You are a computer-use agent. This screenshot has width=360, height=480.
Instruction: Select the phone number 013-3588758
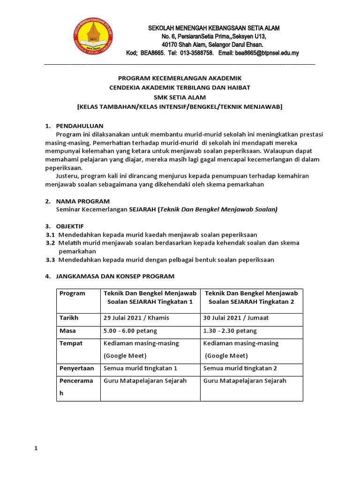(x=195, y=53)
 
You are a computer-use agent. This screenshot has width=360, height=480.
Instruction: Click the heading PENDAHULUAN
(x=79, y=126)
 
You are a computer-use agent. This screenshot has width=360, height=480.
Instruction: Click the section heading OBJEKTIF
(x=70, y=226)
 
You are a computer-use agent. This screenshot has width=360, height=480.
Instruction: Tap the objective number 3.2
(x=50, y=243)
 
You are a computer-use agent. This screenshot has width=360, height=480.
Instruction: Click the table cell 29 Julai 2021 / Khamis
(x=136, y=318)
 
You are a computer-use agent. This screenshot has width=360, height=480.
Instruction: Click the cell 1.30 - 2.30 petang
(x=230, y=331)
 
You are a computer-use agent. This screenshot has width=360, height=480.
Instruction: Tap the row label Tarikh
(x=68, y=318)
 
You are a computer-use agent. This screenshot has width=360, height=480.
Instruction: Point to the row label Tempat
(x=70, y=343)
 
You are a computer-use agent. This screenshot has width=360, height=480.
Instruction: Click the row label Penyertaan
(x=75, y=368)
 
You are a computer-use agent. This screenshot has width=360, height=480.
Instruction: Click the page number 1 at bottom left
(x=36, y=449)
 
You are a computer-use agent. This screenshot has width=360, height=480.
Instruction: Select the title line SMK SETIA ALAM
(x=180, y=97)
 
